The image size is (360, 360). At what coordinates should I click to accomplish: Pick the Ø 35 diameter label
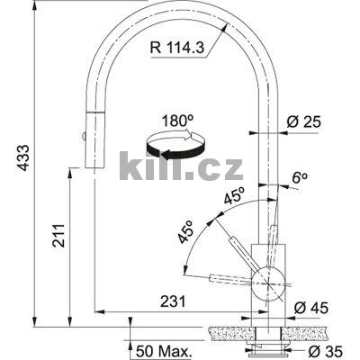[316, 350]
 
